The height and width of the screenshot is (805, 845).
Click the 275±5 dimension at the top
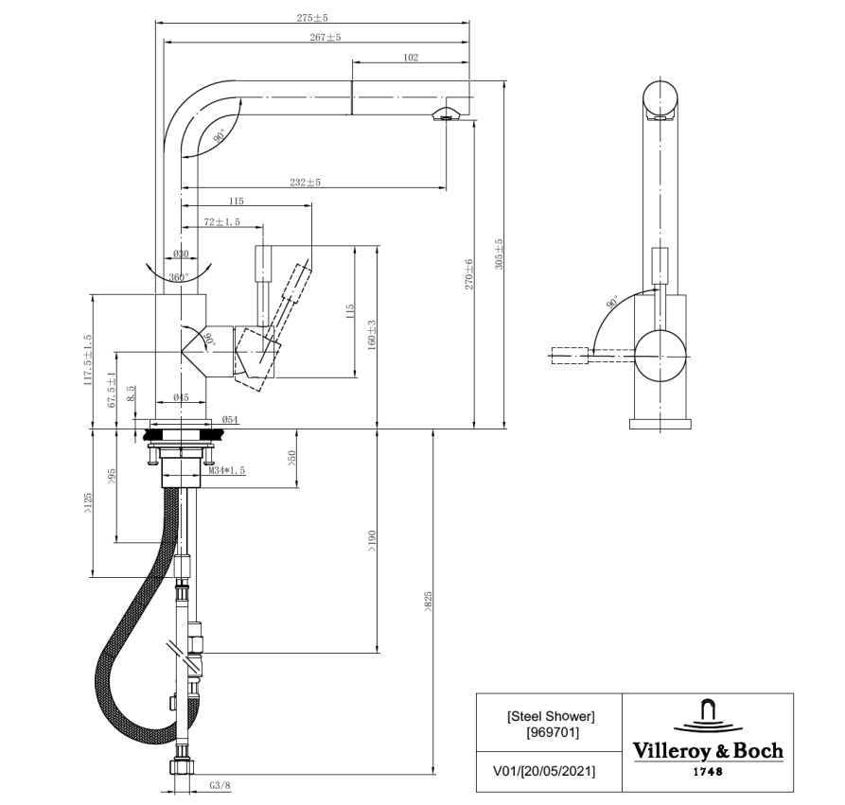click(x=312, y=17)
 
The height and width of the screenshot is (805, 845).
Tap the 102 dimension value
click(x=410, y=58)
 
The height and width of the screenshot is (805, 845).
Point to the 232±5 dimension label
click(x=306, y=183)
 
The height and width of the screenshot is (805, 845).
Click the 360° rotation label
click(x=178, y=277)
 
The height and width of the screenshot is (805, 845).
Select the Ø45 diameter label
click(x=182, y=397)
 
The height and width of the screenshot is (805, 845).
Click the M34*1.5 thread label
click(x=228, y=470)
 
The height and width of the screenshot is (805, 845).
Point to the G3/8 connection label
click(x=220, y=785)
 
